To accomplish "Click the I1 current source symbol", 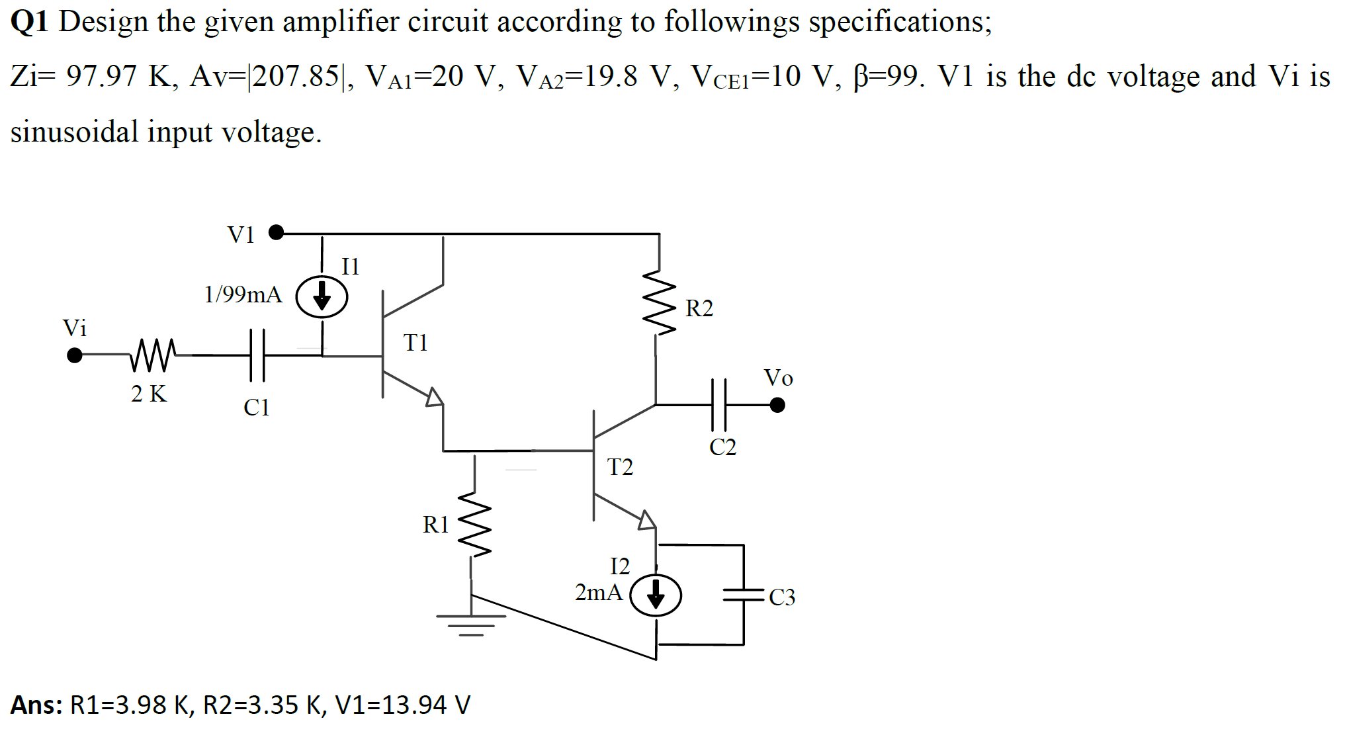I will [x=322, y=296].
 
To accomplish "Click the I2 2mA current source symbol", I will [x=655, y=595].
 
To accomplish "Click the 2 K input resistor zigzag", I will [x=153, y=355].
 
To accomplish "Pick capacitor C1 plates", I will [x=257, y=355].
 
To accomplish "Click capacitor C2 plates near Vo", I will [x=718, y=404].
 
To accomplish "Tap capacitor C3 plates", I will [x=744, y=595].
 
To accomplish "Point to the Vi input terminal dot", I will [x=75, y=355].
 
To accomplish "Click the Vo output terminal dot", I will [x=777, y=404].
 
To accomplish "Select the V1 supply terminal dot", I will [x=276, y=232].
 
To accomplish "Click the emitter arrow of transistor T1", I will [x=434, y=398].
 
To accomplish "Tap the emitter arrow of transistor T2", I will [x=646, y=520].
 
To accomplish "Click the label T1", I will [x=415, y=343].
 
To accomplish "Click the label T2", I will [x=620, y=467].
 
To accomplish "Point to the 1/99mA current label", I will [x=243, y=294].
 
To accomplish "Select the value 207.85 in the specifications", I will [x=296, y=77].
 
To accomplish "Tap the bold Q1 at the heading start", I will [x=29, y=22].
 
